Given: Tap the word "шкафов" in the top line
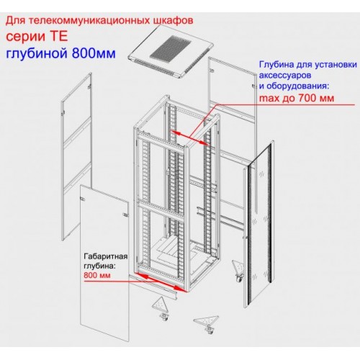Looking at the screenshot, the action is tap(173, 20).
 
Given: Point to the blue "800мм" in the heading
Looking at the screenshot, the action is tap(94, 53).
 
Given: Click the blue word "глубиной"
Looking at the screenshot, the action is tap(37, 54).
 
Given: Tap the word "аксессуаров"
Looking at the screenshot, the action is tap(285, 76).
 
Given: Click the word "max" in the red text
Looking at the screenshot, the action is tap(269, 99).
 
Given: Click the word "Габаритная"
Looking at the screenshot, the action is tap(106, 257).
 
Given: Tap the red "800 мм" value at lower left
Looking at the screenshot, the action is tap(97, 275).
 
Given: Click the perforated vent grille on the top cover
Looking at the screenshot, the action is tap(170, 48).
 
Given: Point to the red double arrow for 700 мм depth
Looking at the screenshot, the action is tap(190, 138).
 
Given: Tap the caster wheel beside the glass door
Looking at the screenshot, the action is tap(240, 279).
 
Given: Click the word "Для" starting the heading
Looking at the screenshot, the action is tap(14, 21).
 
